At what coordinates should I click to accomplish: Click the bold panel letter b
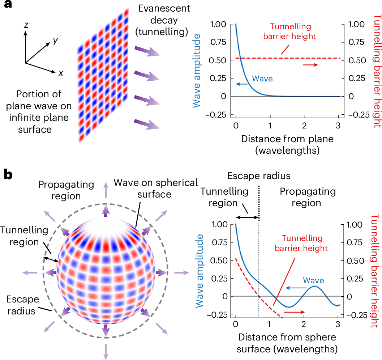(x=8, y=175)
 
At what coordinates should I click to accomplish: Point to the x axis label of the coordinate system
(x=61, y=73)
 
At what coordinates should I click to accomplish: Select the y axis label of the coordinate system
(x=55, y=41)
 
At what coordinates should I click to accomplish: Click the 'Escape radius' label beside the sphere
(x=23, y=305)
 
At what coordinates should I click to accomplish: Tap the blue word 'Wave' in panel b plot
(x=313, y=280)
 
